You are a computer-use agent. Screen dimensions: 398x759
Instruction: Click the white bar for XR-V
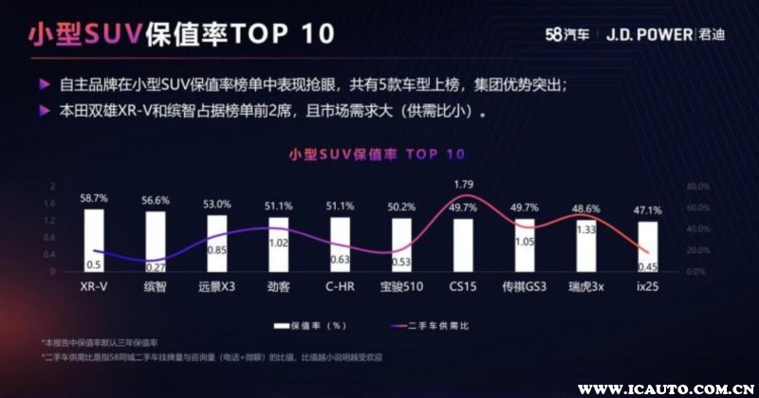point(94,240)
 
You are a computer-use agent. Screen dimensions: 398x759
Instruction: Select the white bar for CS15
point(463,244)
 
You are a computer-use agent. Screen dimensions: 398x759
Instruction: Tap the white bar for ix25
point(647,246)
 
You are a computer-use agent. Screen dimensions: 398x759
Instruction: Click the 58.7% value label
point(94,199)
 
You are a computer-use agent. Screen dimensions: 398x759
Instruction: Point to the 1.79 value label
point(464,184)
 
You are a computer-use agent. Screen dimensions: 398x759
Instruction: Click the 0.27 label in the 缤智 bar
point(156,266)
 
